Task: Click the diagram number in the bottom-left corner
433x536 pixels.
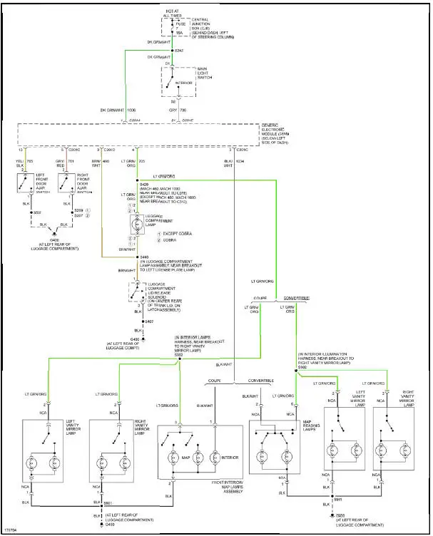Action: (10, 529)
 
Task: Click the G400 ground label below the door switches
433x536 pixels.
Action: (54, 240)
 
